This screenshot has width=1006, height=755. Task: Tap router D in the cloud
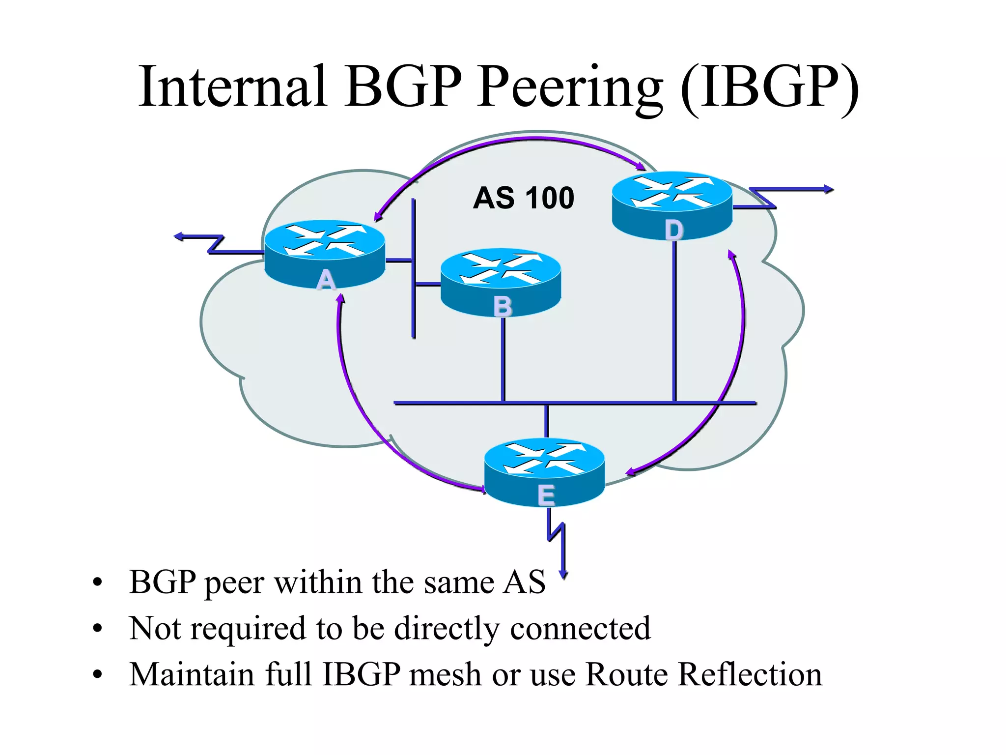672,205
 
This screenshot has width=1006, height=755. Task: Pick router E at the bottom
544,472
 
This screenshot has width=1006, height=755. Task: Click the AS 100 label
524,198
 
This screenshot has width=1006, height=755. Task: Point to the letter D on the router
674,230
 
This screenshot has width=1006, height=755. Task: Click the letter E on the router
546,495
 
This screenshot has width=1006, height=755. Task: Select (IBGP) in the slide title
770,87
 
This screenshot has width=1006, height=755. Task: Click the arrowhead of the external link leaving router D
829,189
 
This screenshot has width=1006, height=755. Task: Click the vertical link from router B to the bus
503,359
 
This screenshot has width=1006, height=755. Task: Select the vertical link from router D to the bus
674,319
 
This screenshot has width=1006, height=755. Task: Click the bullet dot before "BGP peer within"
97,582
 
